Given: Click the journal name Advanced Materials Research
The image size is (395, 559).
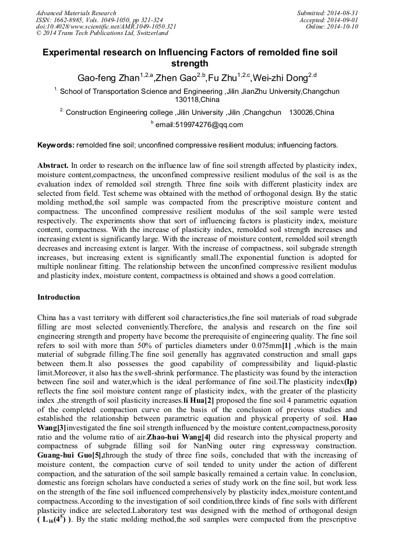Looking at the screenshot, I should point(76,13).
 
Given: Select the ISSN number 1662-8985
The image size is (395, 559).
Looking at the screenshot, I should point(69,20).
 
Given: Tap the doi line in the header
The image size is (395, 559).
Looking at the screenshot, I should point(106,27).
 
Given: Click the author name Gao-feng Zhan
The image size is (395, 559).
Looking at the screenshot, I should point(107,78).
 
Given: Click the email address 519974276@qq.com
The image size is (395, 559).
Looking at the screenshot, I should point(199,125).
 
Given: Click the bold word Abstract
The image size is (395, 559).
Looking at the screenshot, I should point(53,166).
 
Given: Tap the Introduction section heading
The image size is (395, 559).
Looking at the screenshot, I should point(59,297).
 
